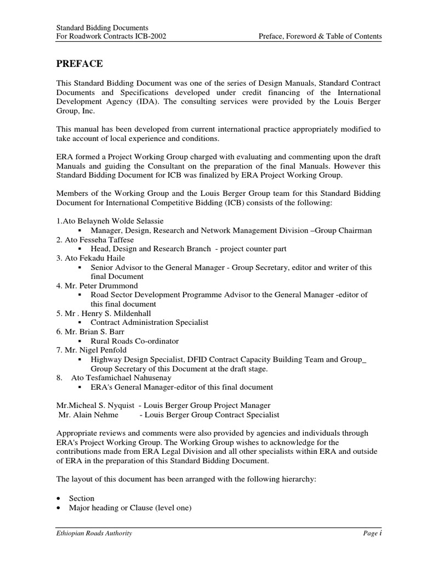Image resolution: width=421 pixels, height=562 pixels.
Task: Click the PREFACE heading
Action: [x=79, y=64]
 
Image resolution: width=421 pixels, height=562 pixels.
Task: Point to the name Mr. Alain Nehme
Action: [x=88, y=415]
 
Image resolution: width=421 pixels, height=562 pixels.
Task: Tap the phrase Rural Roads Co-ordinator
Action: [x=135, y=341]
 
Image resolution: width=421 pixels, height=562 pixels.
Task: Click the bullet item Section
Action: [x=82, y=498]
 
